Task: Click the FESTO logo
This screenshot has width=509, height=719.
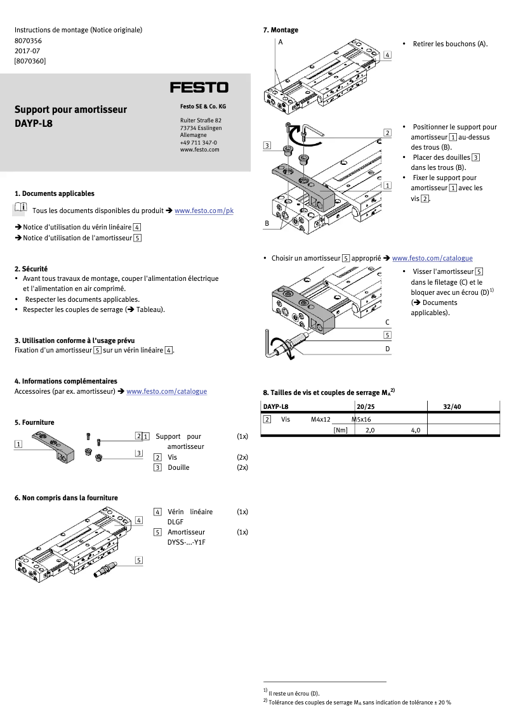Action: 199,87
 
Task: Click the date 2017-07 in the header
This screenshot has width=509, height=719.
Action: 27,51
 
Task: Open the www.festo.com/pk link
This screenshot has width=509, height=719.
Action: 204,211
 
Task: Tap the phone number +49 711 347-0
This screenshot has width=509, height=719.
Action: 198,143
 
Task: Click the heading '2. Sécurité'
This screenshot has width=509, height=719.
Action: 31,269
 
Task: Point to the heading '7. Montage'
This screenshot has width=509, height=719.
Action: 281,30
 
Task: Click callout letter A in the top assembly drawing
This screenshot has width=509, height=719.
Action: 280,42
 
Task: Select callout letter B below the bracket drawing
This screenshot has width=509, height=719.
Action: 267,224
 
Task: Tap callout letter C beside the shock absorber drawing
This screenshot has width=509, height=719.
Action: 387,323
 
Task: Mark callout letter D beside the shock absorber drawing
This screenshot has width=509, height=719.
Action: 387,349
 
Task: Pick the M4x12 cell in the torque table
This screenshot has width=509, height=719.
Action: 321,419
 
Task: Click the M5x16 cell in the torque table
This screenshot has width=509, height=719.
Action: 361,419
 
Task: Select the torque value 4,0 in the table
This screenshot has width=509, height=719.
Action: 416,431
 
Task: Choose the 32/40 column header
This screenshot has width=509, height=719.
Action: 452,406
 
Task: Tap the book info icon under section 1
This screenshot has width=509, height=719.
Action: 20,208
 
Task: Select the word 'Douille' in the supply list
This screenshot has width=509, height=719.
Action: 178,467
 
